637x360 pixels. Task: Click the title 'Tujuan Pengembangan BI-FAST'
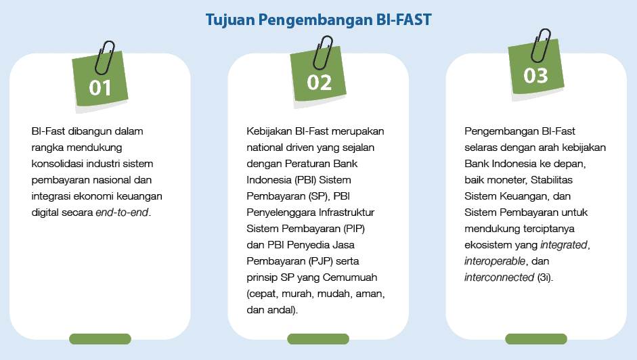point(318,20)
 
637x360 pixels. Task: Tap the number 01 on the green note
point(100,87)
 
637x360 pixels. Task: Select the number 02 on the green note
point(319,82)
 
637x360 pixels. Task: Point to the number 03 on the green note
point(535,75)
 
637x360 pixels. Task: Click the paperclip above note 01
point(105,57)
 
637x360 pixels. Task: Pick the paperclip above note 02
point(323,50)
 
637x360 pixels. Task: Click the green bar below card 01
point(100,338)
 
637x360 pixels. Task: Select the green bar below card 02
point(318,338)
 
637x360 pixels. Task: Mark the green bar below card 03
point(536,338)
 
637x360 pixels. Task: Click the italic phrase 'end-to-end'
point(123,212)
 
